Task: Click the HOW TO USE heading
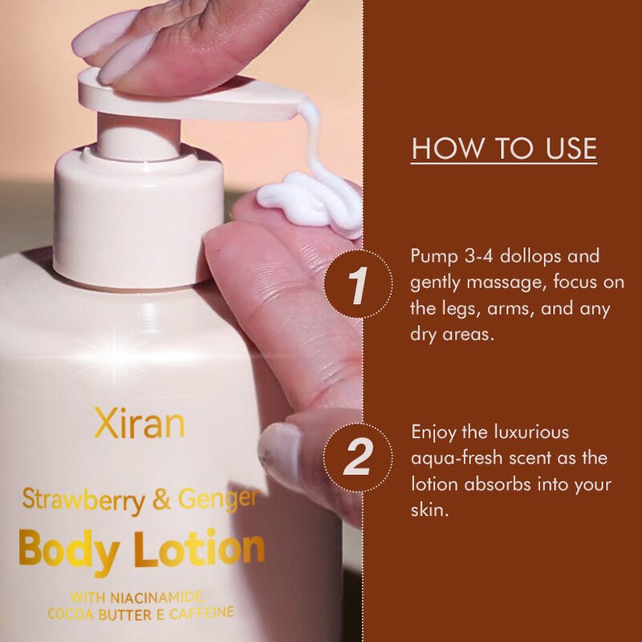click(x=504, y=149)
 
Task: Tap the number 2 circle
click(x=358, y=458)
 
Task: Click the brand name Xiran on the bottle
click(x=138, y=425)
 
